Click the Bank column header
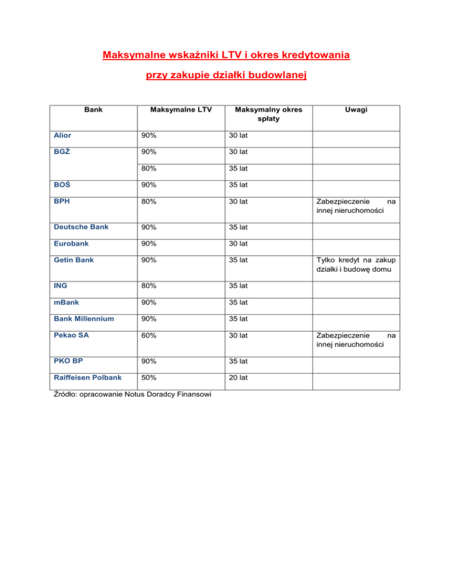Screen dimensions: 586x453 pos(92,109)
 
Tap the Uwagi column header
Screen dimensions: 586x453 pos(354,109)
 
